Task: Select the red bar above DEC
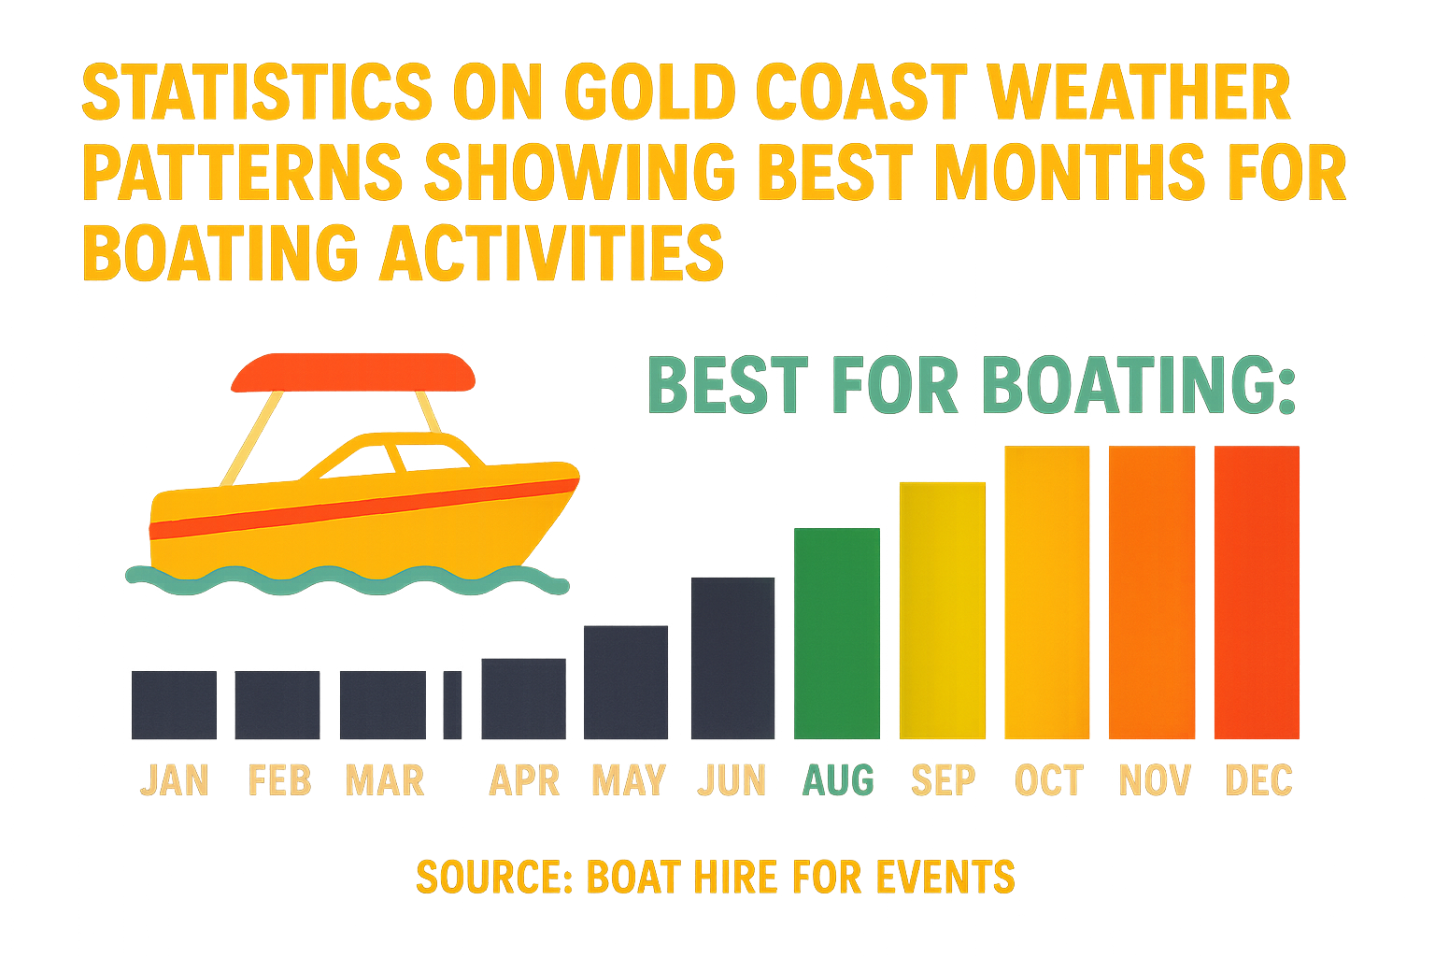(x=1256, y=593)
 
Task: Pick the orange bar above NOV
(x=1151, y=593)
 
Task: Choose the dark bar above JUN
(x=732, y=658)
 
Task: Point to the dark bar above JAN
(x=174, y=705)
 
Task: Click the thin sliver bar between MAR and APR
(x=452, y=705)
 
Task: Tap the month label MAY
(x=629, y=780)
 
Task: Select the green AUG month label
(x=838, y=780)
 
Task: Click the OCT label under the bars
(x=1048, y=780)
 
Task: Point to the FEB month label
(x=279, y=780)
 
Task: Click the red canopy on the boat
(x=353, y=372)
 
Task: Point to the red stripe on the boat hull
(x=364, y=509)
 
